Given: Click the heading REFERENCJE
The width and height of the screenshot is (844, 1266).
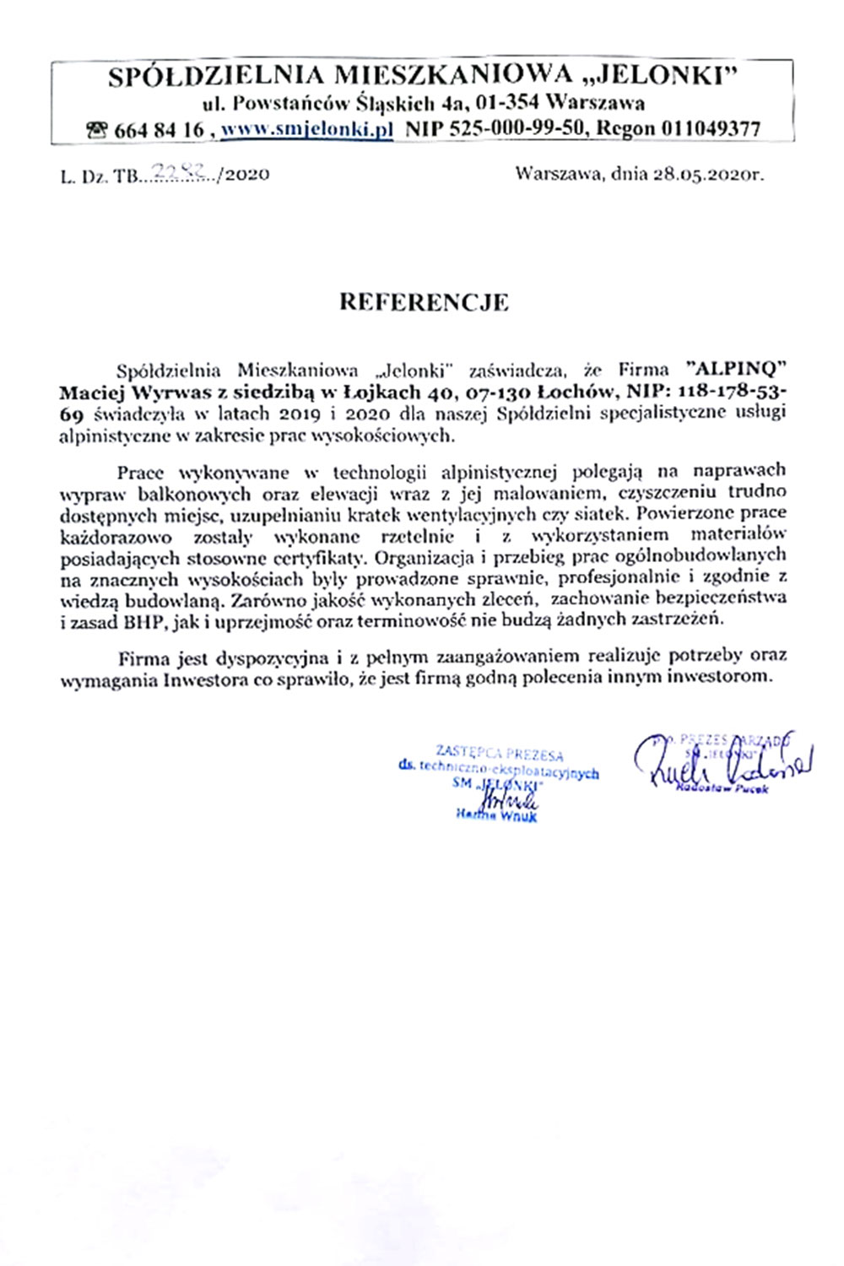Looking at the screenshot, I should click(424, 302).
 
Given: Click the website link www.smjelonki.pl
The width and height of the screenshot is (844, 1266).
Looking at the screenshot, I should click(307, 129).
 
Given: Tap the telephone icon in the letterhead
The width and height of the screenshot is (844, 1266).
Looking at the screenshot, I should click(97, 130).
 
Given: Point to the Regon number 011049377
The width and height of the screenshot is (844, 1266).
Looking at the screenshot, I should click(711, 129).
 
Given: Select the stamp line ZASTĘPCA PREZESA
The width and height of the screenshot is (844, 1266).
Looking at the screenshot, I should click(499, 753).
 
